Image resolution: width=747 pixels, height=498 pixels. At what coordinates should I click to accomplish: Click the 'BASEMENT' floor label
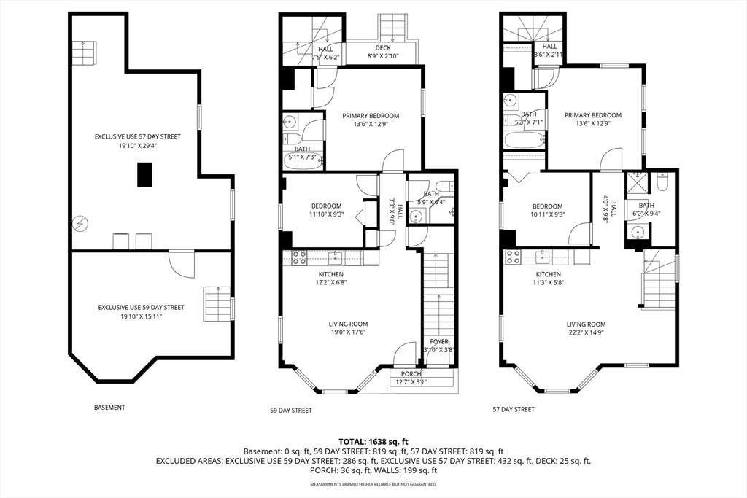pos(109,408)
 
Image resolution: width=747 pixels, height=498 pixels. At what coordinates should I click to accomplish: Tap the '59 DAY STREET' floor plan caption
pos(290,410)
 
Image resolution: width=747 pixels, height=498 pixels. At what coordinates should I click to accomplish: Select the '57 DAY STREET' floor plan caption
pos(514,409)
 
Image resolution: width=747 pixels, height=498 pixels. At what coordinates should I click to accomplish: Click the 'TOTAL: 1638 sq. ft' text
pos(373,441)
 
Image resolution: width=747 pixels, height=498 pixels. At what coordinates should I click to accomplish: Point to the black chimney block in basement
pos(145,174)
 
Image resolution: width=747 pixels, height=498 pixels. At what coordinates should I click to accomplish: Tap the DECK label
pos(383,48)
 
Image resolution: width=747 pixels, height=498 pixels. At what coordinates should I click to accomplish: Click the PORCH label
pos(411,374)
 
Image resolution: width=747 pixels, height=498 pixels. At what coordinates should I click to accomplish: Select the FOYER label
pos(438,341)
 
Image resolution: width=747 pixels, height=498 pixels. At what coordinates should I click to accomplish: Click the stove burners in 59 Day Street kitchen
pos(299,257)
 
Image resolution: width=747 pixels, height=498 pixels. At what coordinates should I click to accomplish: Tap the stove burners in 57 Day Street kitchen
pos(513,257)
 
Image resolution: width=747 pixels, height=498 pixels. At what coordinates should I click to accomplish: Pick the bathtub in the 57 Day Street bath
pos(524,141)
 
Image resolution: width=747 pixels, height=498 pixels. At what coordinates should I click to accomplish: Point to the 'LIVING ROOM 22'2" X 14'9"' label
pos(586,329)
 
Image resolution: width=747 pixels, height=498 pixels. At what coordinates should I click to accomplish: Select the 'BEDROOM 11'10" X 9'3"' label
pos(326,210)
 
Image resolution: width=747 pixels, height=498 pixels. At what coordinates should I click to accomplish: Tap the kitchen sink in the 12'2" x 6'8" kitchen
pos(336,257)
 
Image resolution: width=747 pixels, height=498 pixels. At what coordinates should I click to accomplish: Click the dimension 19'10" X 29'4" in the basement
pos(138,146)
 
